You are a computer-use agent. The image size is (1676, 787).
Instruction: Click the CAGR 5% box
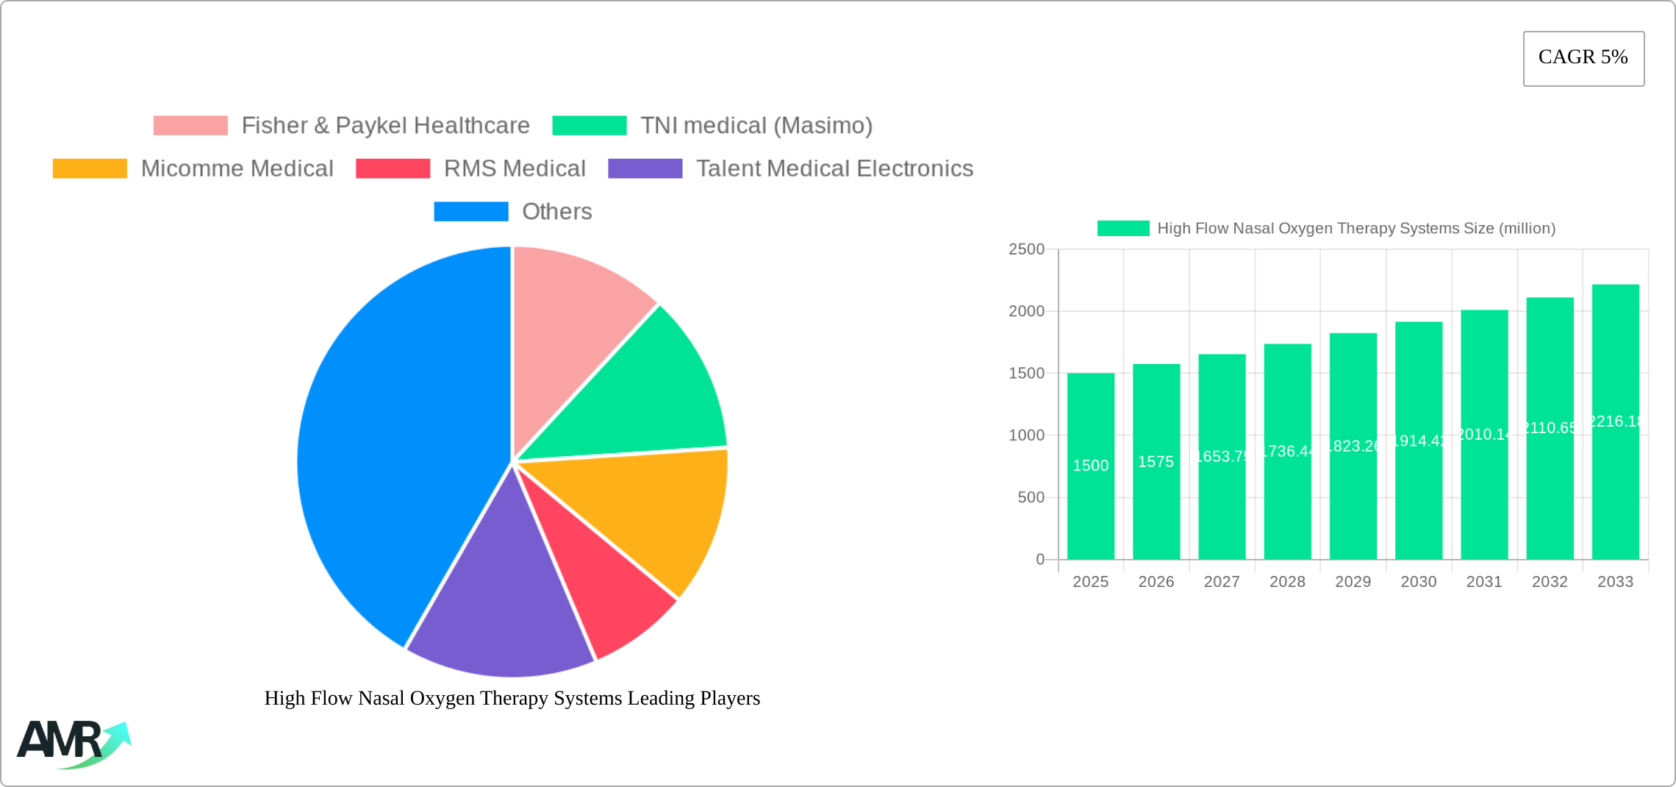pos(1583,58)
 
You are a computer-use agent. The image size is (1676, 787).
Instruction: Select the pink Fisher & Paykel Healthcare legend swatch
pos(190,126)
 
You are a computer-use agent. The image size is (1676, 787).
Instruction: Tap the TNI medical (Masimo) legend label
pos(756,126)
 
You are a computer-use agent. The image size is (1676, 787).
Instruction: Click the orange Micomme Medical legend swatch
pos(90,168)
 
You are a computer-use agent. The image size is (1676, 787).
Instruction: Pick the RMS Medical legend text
pos(515,168)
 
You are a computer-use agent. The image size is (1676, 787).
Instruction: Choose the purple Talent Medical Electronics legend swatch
pos(645,168)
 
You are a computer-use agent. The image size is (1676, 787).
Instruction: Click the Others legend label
pos(556,212)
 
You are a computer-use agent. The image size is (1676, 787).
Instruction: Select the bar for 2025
pos(1090,500)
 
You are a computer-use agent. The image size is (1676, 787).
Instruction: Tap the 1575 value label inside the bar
pos(1156,462)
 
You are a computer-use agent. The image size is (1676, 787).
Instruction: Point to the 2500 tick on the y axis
pos(1026,249)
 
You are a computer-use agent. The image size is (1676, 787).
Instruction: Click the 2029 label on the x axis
pos(1353,582)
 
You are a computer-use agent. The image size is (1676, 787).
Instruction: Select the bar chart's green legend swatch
pos(1122,229)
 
